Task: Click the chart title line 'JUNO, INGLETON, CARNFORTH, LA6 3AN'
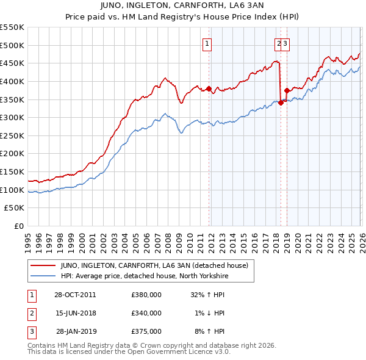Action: pyautogui.click(x=182, y=6)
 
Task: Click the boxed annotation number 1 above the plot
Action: pyautogui.click(x=207, y=43)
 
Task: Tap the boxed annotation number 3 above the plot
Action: pyautogui.click(x=285, y=43)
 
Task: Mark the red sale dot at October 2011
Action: pyautogui.click(x=209, y=88)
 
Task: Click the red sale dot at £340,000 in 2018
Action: pyautogui.click(x=281, y=103)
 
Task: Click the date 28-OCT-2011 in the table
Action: pyautogui.click(x=75, y=294)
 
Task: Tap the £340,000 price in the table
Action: pyautogui.click(x=146, y=313)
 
